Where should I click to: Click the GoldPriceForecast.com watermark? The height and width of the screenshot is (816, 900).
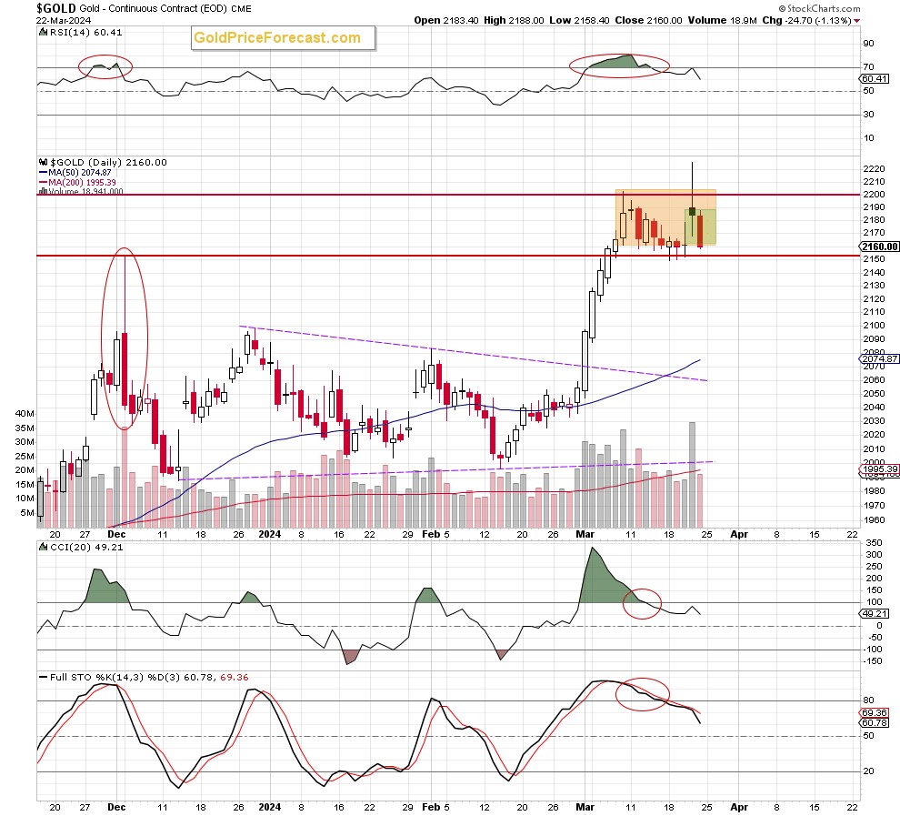point(276,38)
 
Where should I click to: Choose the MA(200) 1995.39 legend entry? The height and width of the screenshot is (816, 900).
point(77,183)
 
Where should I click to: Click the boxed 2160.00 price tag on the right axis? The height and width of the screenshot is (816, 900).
point(879,247)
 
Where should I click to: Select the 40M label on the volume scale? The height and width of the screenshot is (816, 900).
point(24,413)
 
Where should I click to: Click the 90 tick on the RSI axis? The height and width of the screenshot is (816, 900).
point(867,44)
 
